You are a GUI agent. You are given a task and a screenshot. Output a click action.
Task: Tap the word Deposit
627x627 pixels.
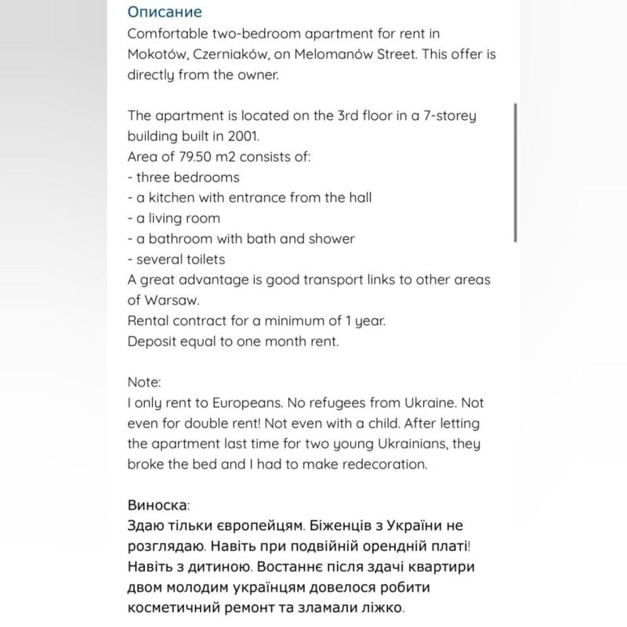(153, 341)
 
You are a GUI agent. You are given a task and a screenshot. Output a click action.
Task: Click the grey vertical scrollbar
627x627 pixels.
(515, 172)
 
